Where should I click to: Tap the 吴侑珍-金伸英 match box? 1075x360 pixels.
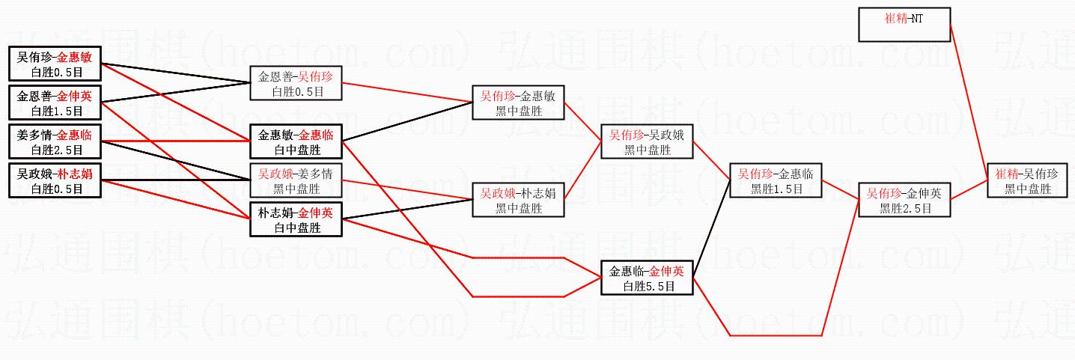coord(904,200)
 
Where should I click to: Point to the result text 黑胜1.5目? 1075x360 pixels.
coord(776,189)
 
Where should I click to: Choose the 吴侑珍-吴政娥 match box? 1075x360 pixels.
coord(647,142)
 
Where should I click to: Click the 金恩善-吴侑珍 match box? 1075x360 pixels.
coord(296,83)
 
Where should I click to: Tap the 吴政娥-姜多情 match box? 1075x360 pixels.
coord(296,181)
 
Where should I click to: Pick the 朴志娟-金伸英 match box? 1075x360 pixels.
coord(296,220)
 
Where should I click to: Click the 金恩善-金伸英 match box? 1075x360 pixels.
coord(54,103)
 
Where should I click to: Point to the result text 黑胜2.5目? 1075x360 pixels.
coord(904,208)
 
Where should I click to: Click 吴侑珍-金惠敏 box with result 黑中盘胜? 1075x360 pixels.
coord(517,103)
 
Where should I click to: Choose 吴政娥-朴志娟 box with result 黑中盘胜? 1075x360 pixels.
coord(517,200)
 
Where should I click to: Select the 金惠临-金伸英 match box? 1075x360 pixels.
coord(647,278)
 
